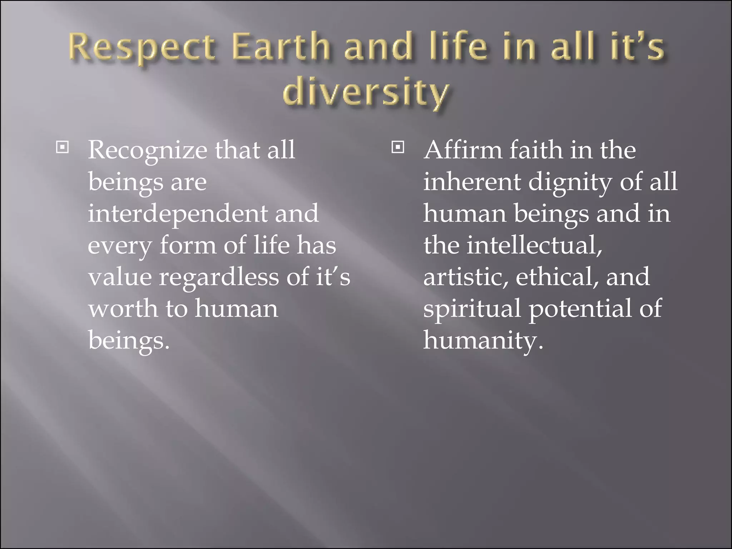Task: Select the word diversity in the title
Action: click(x=365, y=93)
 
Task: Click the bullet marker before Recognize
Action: click(x=63, y=147)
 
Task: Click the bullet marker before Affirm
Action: click(x=397, y=147)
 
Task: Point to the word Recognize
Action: click(x=147, y=150)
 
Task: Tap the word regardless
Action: click(x=219, y=277)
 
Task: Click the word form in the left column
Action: click(x=188, y=246)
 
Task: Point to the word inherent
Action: click(x=472, y=182)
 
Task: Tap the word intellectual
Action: click(x=534, y=246)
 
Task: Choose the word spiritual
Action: click(x=472, y=309)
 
